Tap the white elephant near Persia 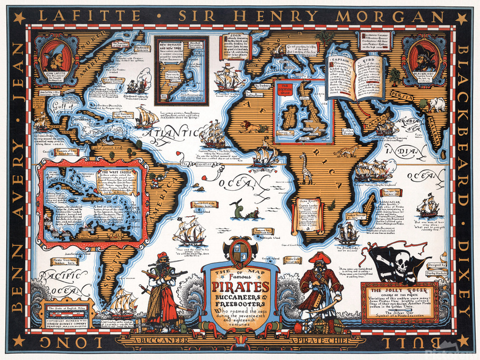[x=437, y=104]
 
